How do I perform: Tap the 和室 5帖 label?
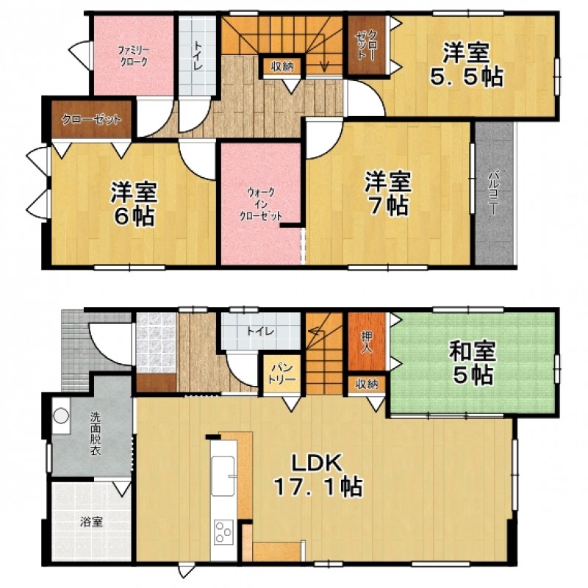(x=473, y=362)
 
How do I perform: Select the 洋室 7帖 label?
(x=389, y=193)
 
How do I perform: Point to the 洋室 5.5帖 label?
(x=466, y=65)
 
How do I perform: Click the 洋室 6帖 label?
(x=135, y=204)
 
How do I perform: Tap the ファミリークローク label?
(x=134, y=56)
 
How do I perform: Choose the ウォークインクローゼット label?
(x=261, y=204)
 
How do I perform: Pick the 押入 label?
(x=366, y=342)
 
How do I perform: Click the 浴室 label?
(x=91, y=522)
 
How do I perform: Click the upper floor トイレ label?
(x=198, y=56)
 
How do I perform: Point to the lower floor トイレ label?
(x=260, y=331)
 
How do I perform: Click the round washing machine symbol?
(x=61, y=416)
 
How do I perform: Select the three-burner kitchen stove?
(x=224, y=532)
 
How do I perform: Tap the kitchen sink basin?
(x=223, y=476)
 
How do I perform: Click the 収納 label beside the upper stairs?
(x=282, y=67)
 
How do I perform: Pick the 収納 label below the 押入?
(x=367, y=384)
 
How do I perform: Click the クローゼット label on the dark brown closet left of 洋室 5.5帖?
(x=366, y=44)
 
